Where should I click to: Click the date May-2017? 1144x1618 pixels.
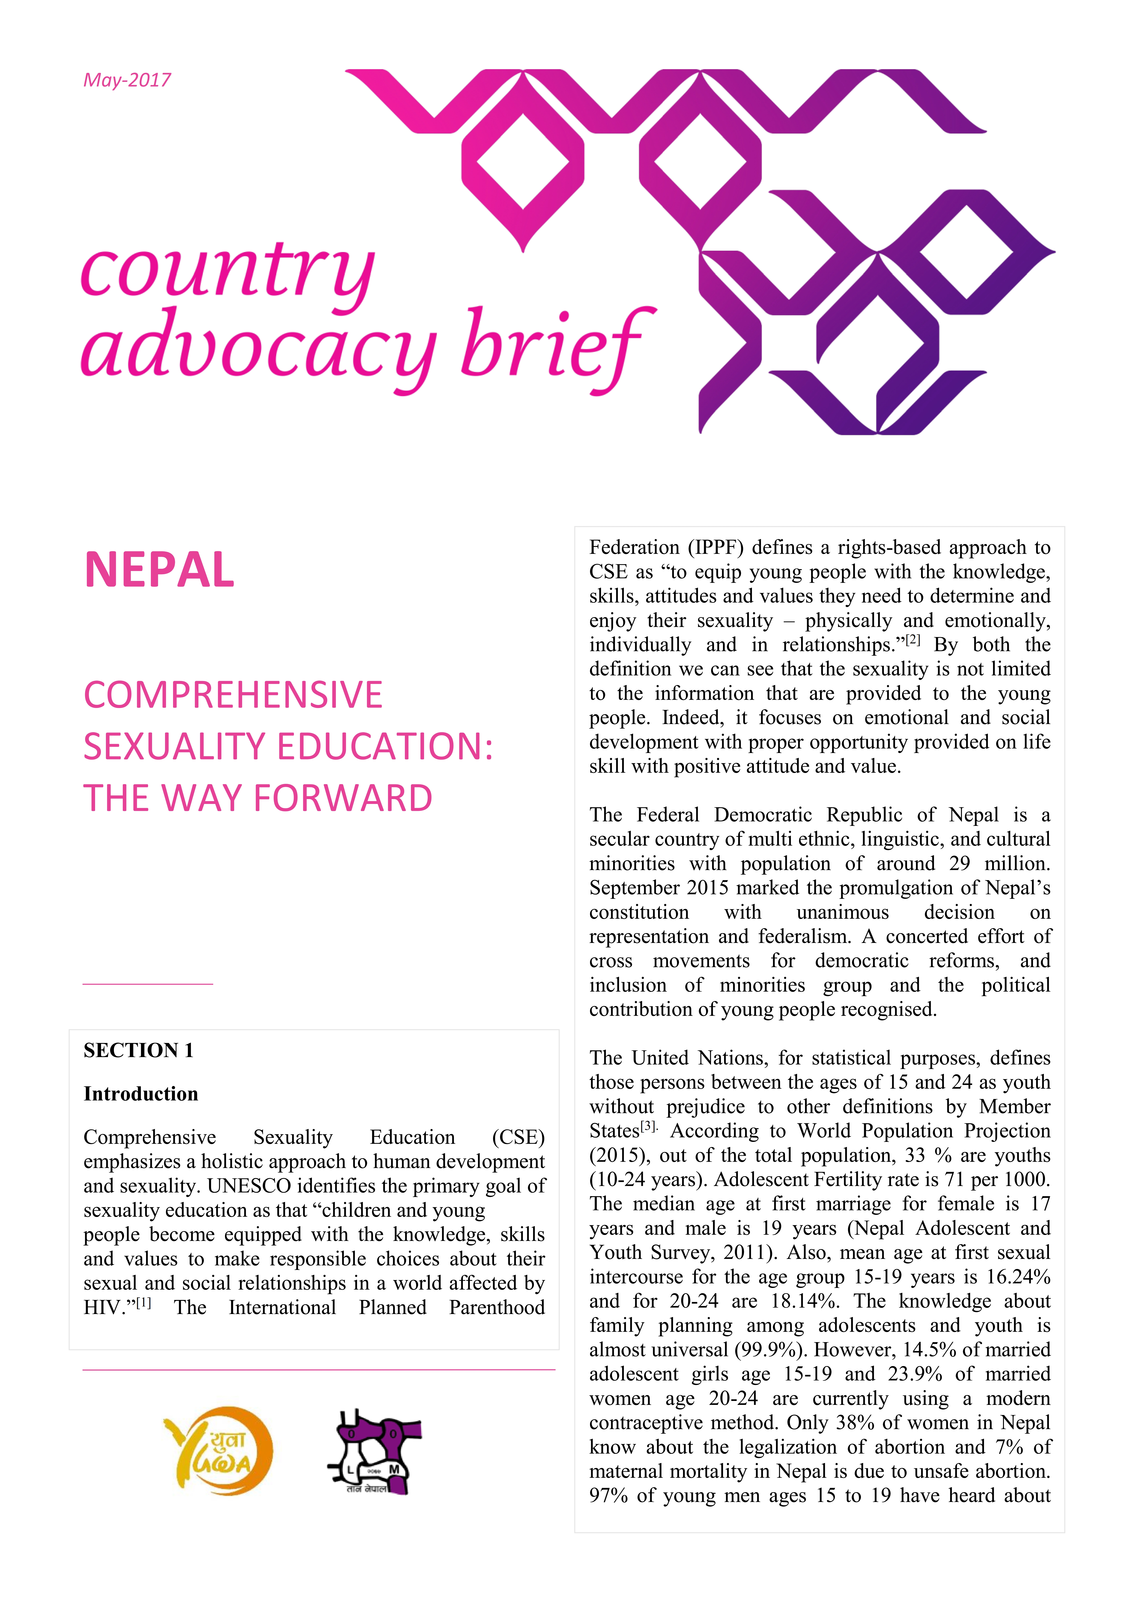[127, 80]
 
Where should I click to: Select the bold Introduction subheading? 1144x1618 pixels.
[141, 1094]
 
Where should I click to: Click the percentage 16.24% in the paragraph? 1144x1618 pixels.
[1019, 1277]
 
